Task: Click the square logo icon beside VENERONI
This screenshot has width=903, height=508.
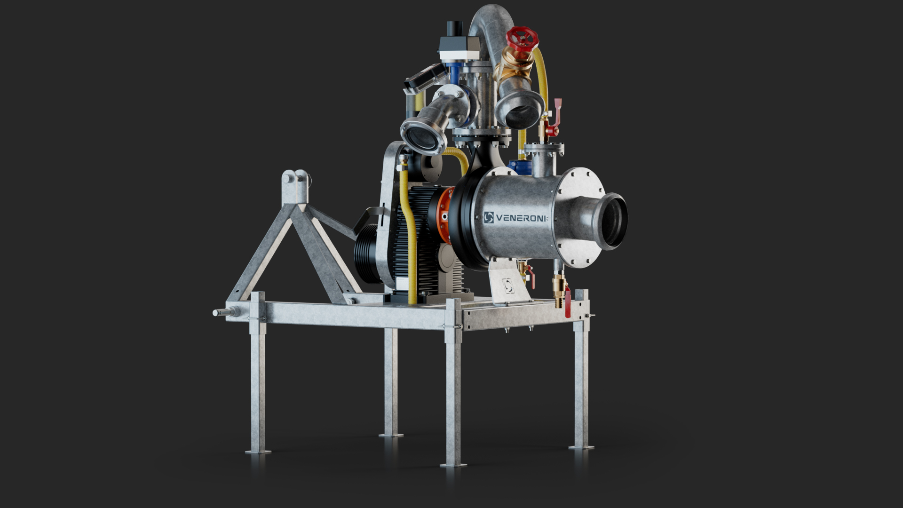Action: coord(489,217)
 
